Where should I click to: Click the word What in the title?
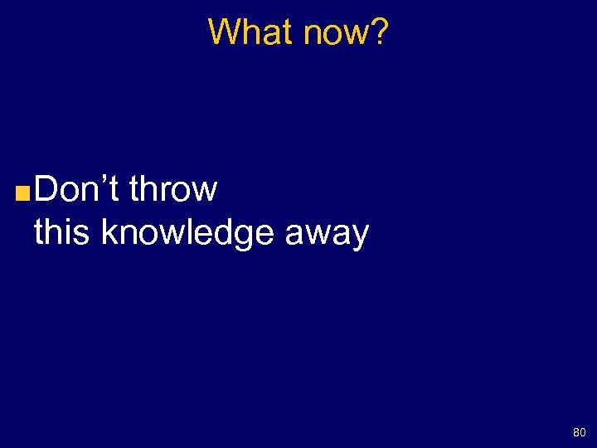[250, 32]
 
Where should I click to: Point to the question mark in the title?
[379, 32]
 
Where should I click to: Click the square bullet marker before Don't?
[23, 194]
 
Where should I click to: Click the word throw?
[172, 189]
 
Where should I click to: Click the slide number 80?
[579, 432]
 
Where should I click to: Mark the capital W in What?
[222, 32]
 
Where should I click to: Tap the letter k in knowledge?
[108, 233]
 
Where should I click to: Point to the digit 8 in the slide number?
[575, 432]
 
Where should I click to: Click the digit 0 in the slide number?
[582, 432]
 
